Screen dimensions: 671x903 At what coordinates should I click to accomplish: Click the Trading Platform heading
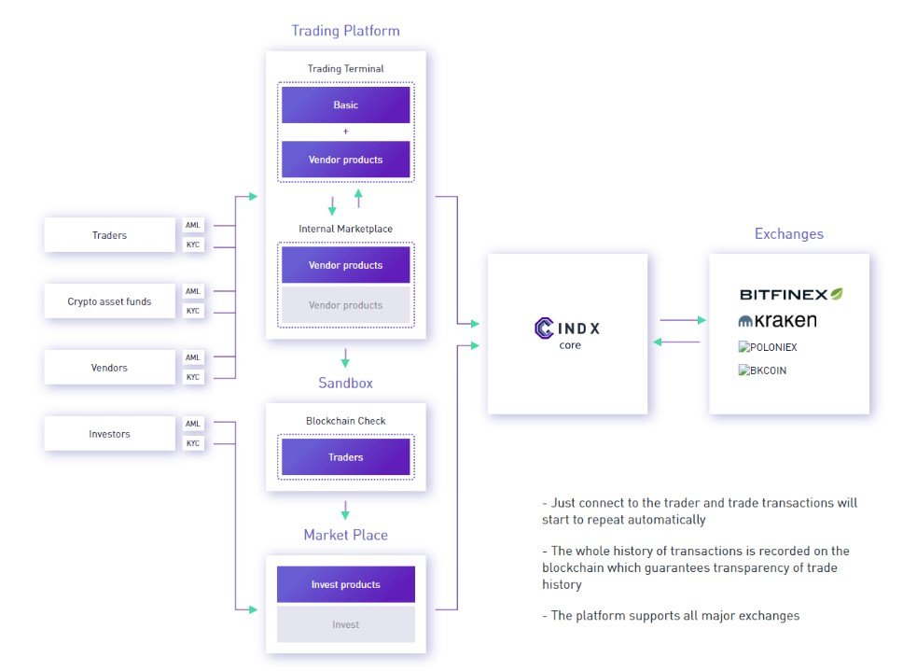coord(345,31)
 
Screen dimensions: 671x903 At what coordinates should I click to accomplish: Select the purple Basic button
coord(345,105)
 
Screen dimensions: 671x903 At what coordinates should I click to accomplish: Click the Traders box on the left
coord(109,235)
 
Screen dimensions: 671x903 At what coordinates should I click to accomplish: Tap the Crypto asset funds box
coord(109,301)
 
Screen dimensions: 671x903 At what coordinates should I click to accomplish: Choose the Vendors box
coord(109,368)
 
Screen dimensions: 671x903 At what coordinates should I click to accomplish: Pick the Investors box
coord(109,434)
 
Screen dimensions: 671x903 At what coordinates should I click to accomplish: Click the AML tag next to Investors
coord(193,424)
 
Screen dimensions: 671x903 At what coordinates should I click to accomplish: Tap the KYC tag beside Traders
coord(193,245)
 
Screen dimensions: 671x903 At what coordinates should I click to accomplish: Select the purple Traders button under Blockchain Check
coord(345,457)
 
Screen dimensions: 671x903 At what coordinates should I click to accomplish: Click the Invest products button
coord(345,584)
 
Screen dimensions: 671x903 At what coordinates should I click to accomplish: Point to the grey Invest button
coord(345,624)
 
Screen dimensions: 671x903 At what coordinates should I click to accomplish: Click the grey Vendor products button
coord(345,305)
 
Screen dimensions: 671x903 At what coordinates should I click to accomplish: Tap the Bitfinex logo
coord(790,294)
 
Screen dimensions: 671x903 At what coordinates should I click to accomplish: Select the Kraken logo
coord(777,321)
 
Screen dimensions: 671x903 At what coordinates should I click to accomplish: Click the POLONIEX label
coord(768,347)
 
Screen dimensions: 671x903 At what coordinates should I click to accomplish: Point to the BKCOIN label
coord(762,370)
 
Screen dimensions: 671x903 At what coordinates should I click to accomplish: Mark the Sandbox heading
coord(345,384)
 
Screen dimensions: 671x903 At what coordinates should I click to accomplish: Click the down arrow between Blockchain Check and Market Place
coord(345,510)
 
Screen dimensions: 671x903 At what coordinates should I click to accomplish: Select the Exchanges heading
coord(789,234)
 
